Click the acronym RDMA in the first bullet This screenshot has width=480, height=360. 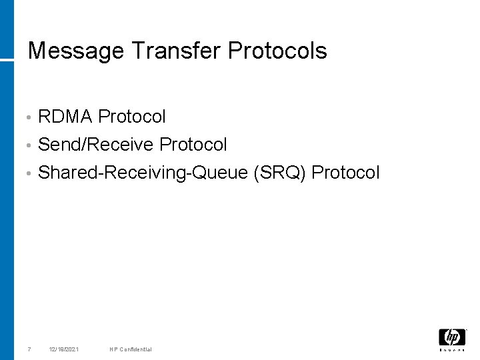65,117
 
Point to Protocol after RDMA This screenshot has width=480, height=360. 132,117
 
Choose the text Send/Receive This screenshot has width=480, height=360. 97,145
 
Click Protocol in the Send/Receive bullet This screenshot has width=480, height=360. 193,145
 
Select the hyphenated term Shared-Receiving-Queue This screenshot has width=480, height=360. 143,173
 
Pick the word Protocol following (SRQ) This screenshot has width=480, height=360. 345,173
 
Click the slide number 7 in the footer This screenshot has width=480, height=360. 29,349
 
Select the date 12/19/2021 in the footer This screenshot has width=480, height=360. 64,349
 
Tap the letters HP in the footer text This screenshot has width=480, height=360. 113,349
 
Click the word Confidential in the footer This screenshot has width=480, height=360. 135,349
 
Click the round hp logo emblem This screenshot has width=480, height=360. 452,337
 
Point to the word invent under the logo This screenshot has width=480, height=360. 452,350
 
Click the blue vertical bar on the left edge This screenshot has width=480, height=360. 7,200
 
